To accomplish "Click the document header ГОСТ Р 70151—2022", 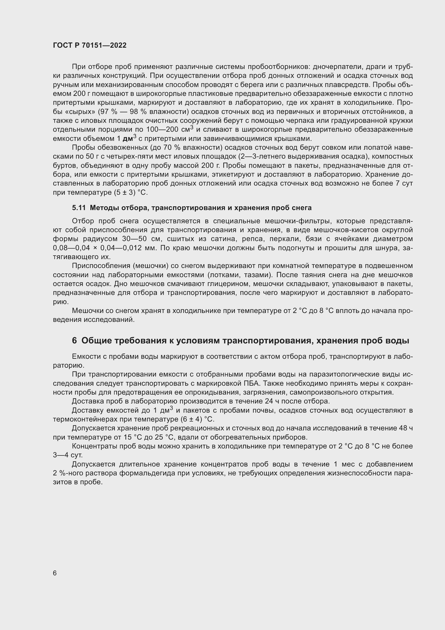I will click(90, 46).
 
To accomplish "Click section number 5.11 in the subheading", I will click(79, 208).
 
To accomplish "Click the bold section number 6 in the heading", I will click(75, 341).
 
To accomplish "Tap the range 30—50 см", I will click(142, 239).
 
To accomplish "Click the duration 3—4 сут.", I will click(68, 455).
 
